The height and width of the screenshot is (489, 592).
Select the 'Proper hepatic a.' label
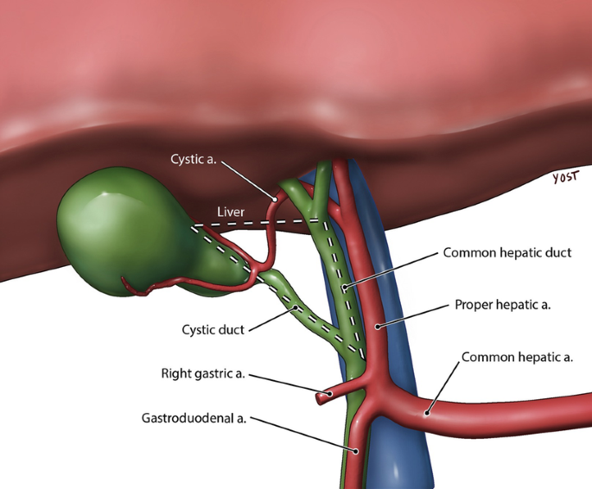coord(502,305)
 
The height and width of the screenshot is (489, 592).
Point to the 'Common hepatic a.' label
coord(518,356)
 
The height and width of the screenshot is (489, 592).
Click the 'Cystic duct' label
coord(213,329)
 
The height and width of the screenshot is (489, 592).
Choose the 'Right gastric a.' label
coord(203,374)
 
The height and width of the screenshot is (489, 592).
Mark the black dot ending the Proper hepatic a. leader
coord(379,327)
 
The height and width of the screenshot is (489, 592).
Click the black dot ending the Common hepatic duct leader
coord(343,286)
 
